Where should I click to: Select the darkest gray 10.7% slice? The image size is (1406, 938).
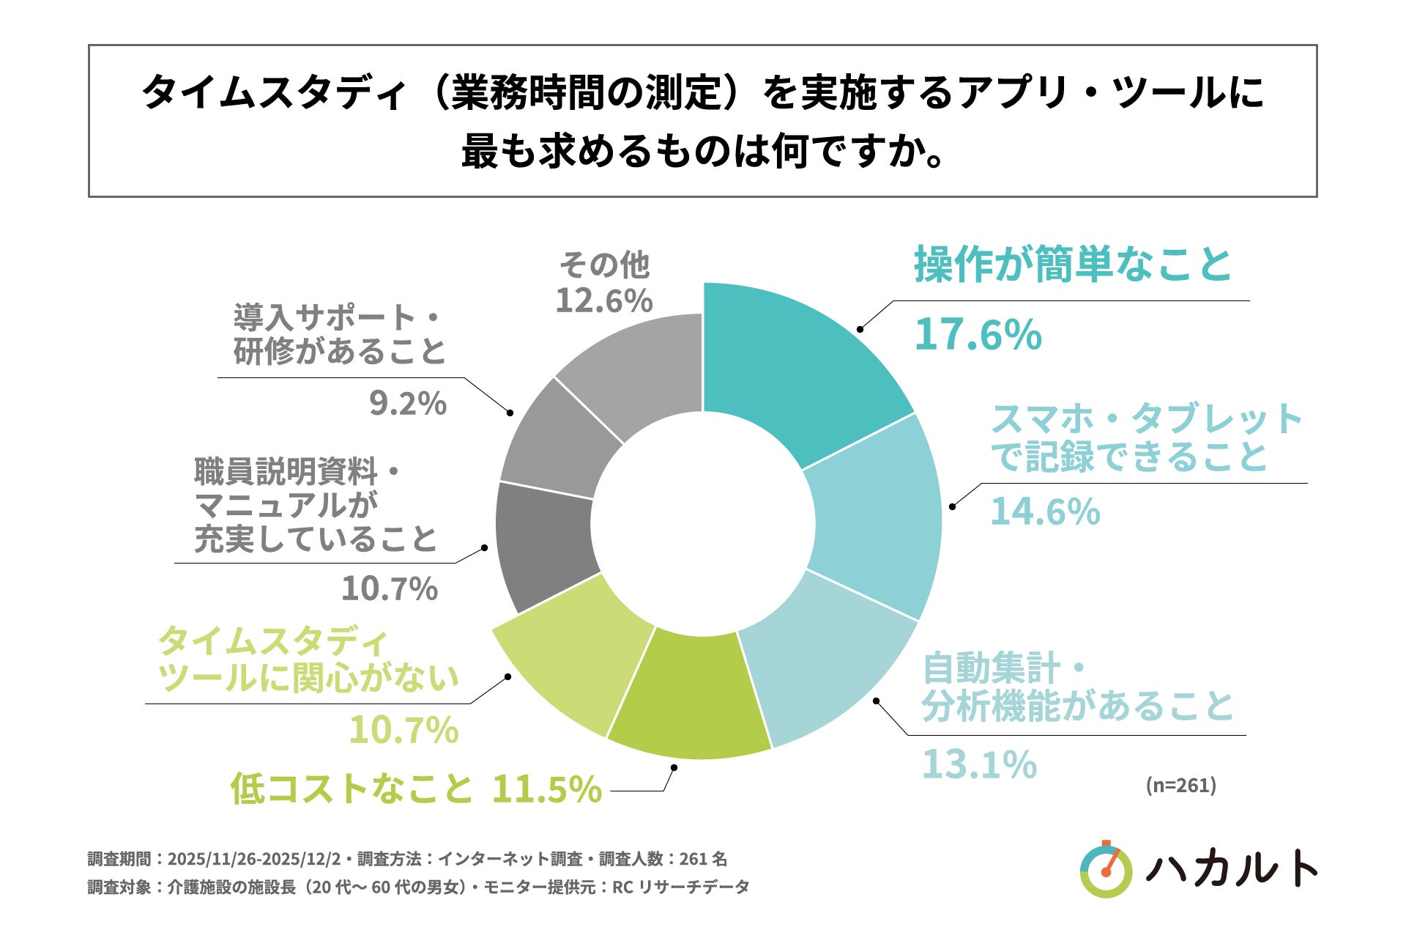[x=546, y=546]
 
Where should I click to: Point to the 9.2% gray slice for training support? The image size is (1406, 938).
[x=560, y=440]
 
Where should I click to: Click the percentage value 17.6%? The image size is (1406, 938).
[x=978, y=334]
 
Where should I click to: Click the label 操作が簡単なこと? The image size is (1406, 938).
[x=1073, y=265]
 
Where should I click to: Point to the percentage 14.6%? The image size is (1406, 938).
[x=1045, y=511]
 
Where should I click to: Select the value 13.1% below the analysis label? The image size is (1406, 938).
[x=979, y=764]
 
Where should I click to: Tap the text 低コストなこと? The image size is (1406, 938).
[x=352, y=789]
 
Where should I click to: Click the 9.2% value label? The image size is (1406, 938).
[x=407, y=403]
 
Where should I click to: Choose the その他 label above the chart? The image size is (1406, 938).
[x=604, y=265]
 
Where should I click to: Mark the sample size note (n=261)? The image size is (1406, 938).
[x=1180, y=785]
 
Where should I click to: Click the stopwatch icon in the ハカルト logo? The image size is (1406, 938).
[x=1106, y=871]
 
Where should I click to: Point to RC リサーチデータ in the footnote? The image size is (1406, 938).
[x=680, y=887]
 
